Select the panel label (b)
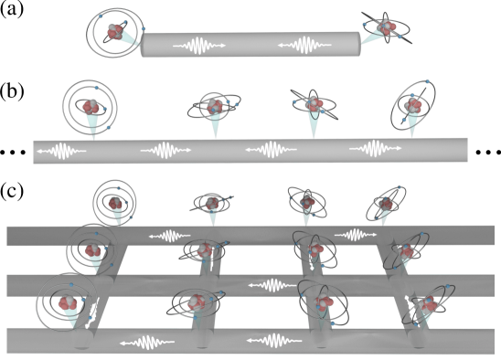[x=12, y=91]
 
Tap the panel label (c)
[x=12, y=191]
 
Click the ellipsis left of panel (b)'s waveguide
[x=13, y=153]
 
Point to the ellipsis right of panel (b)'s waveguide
[x=488, y=153]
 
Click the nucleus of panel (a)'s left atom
[x=115, y=32]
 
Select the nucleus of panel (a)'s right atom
[x=387, y=27]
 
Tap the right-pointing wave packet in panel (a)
[x=199, y=46]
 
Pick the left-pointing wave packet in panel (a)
[x=304, y=45]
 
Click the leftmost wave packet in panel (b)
[x=61, y=151]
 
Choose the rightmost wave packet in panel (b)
[x=376, y=148]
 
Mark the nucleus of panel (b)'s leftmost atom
[x=91, y=107]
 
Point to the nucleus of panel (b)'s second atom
[x=215, y=106]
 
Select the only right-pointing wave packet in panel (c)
[x=356, y=235]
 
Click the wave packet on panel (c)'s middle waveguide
[x=272, y=285]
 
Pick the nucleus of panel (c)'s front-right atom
[x=429, y=304]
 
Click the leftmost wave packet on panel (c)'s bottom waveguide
[x=147, y=343]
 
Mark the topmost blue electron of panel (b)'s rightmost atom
[x=427, y=81]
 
